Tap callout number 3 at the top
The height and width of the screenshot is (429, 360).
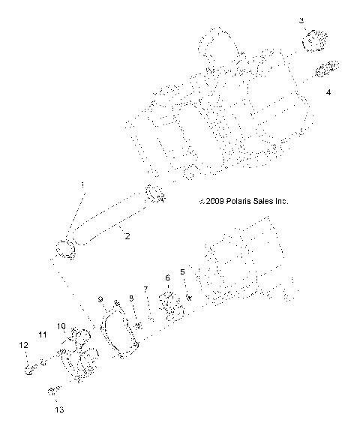[x=301, y=20]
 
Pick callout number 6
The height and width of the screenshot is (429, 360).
[x=167, y=278]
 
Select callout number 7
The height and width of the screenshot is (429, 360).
[x=145, y=289]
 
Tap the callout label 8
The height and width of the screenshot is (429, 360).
[x=131, y=298]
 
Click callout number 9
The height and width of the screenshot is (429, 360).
[x=100, y=299]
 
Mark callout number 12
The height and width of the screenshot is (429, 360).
[x=23, y=345]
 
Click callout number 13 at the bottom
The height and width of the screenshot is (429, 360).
[x=59, y=410]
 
